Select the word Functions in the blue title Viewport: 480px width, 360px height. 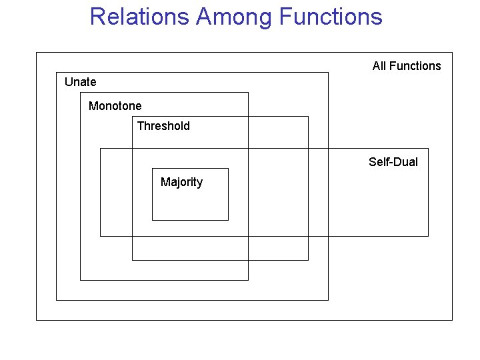[x=331, y=17]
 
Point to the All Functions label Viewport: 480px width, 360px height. [x=407, y=66]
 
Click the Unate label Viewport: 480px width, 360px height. [x=80, y=82]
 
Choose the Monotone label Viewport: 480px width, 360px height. [x=115, y=106]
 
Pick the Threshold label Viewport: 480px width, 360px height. [x=163, y=126]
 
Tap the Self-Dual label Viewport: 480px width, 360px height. [x=393, y=162]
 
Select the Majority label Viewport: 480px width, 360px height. [x=181, y=182]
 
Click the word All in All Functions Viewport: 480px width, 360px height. [x=379, y=66]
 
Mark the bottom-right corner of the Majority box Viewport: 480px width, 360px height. [x=228, y=220]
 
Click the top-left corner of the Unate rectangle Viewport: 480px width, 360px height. [x=56, y=72]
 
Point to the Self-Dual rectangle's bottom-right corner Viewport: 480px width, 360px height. [x=428, y=236]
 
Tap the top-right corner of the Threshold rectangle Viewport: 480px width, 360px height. [x=308, y=116]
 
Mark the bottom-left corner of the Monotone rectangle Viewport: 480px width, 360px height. [x=80, y=280]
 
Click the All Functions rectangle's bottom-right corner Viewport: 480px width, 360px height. [x=452, y=320]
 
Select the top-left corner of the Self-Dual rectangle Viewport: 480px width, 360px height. [x=100, y=148]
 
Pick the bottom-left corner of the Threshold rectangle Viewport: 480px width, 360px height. [x=132, y=260]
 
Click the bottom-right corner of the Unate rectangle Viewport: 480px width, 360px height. [x=329, y=300]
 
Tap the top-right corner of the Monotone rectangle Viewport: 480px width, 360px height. [x=248, y=92]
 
